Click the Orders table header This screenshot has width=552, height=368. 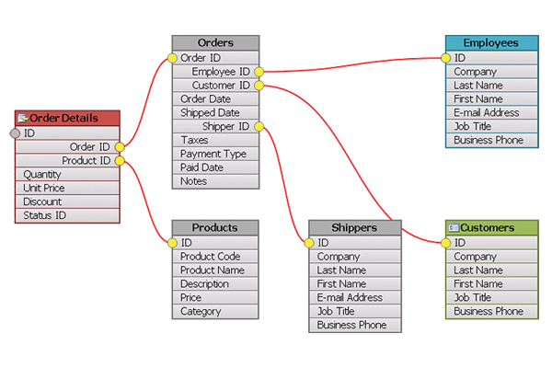215,43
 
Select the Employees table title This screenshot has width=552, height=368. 491,43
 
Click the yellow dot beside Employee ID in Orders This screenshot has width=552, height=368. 259,72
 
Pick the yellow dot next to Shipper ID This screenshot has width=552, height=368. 259,126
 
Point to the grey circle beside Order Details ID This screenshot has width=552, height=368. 15,133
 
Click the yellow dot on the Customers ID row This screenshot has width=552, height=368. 445,243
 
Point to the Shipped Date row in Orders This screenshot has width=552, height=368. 215,112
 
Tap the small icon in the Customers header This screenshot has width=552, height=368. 454,228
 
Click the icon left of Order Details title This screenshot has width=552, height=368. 23,118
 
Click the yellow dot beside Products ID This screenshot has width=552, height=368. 172,243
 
